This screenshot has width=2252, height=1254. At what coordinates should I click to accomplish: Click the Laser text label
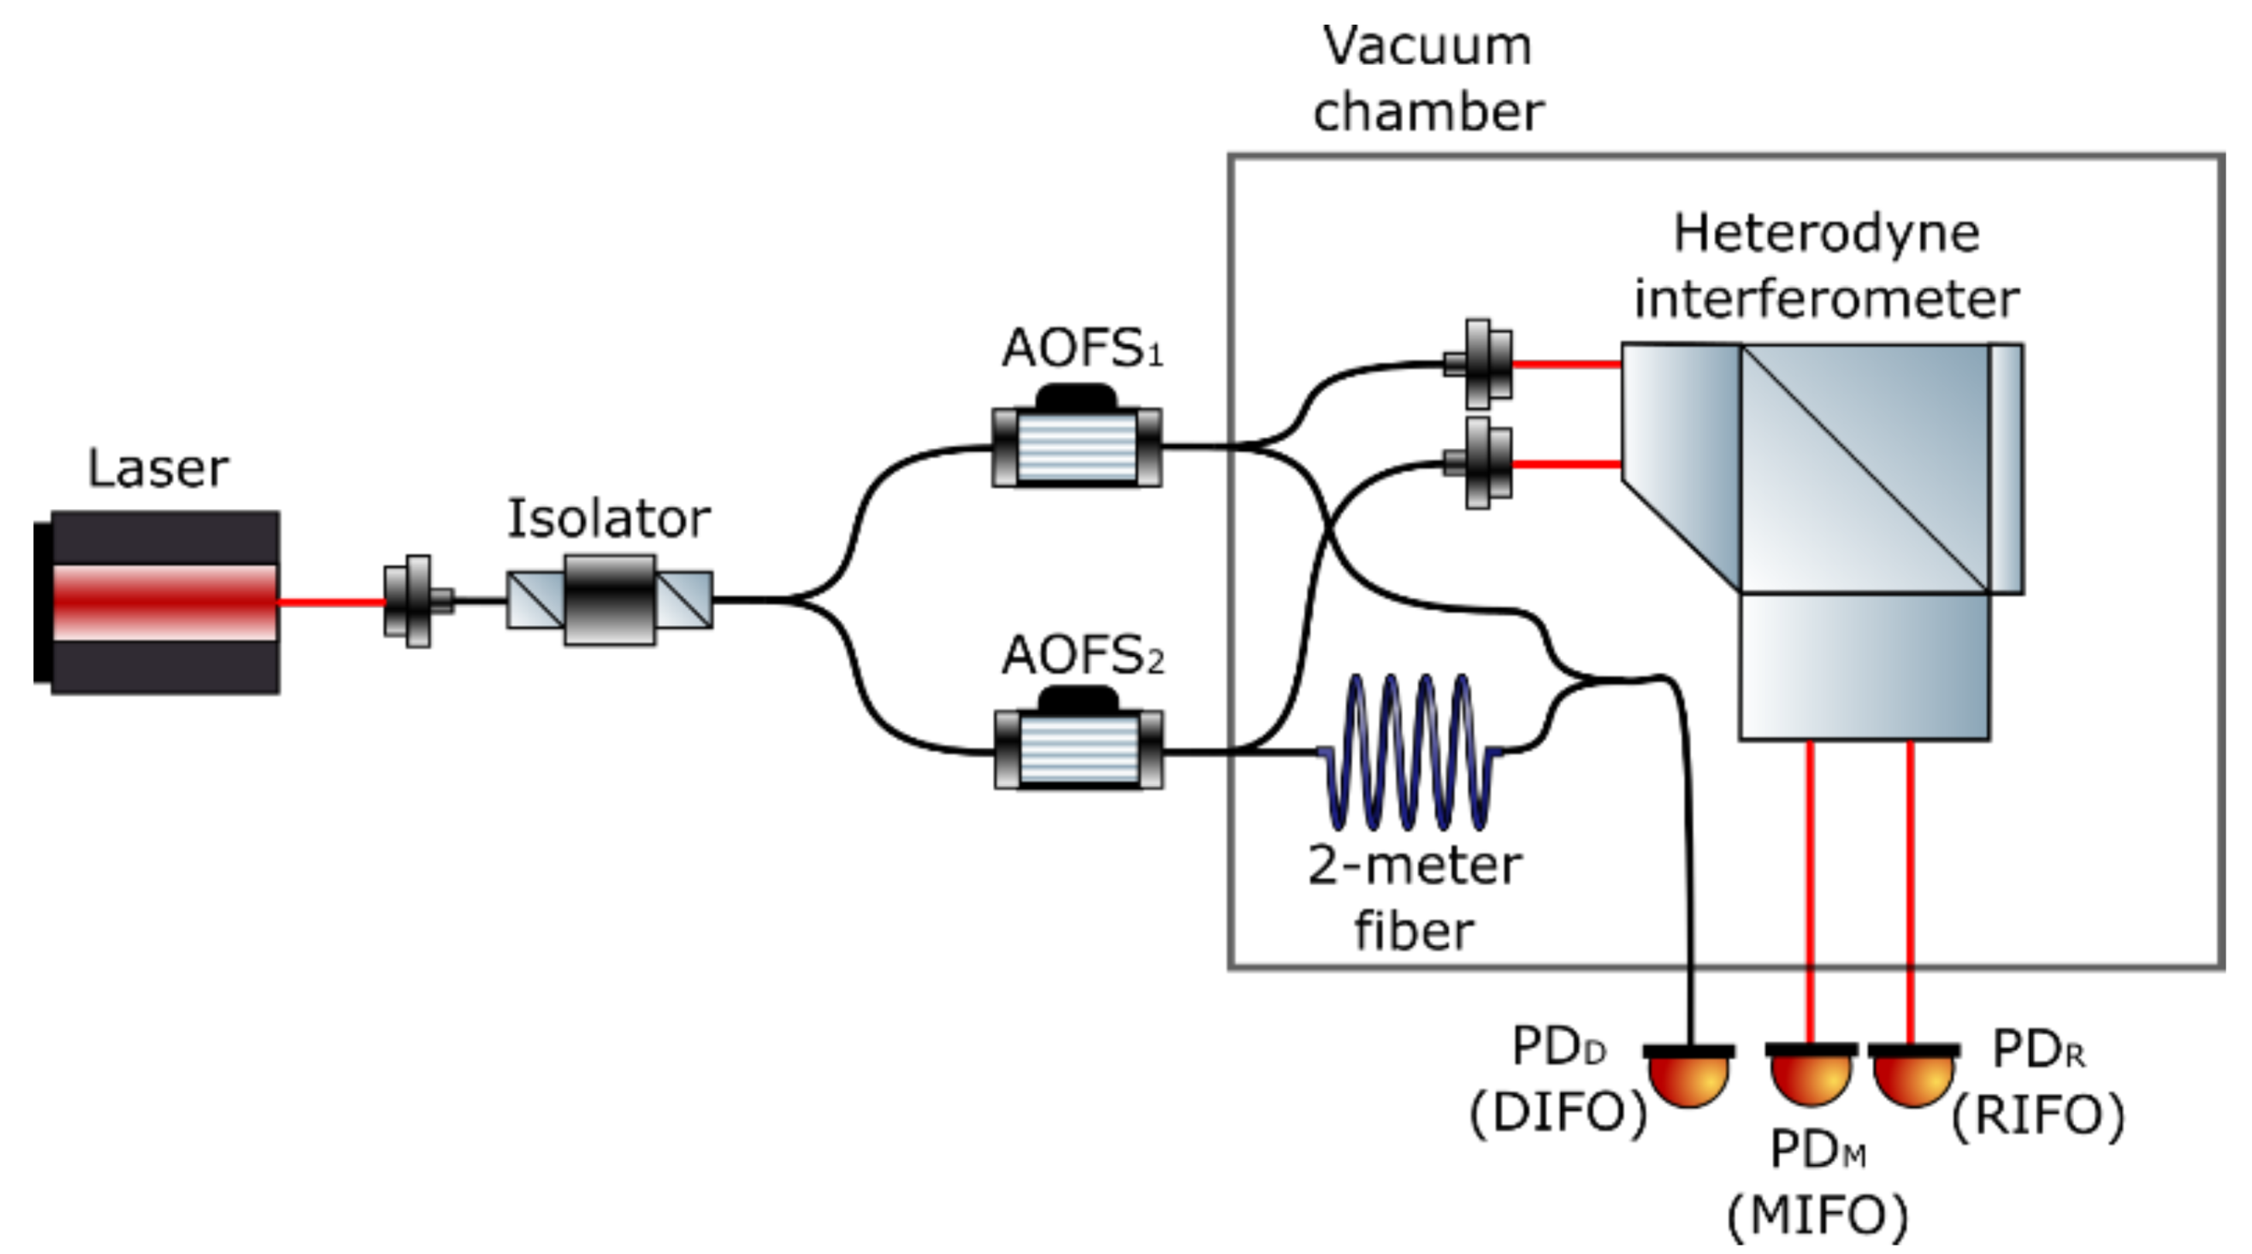[x=158, y=469]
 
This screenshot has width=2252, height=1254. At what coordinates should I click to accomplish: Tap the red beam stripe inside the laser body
[x=164, y=600]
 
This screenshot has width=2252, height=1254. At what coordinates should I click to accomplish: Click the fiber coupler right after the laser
[x=418, y=600]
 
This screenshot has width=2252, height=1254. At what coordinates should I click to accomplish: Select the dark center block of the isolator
[x=609, y=600]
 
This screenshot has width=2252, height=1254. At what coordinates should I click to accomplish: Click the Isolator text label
[x=608, y=518]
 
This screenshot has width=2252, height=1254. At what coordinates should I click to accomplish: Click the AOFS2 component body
[x=1079, y=749]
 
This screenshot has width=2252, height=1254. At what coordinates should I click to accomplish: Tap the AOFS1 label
[x=1081, y=348]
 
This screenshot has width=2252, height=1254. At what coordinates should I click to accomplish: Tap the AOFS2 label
[x=1082, y=656]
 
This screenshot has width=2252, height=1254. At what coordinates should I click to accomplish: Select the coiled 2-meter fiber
[x=1410, y=751]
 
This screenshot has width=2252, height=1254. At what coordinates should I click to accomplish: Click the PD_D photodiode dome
[x=1688, y=1080]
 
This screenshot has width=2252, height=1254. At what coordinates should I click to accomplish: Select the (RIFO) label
[x=2038, y=1115]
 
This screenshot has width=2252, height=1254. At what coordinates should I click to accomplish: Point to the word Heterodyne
[x=1826, y=234]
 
